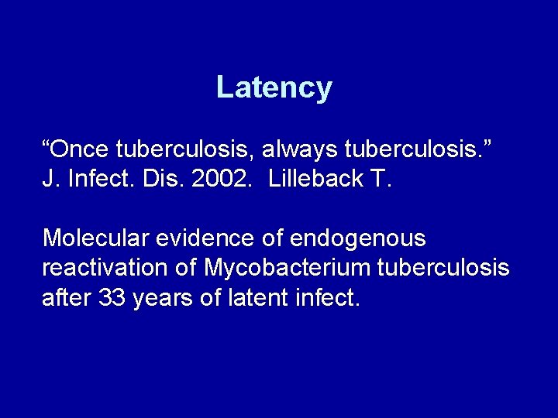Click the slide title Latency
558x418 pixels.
[274, 87]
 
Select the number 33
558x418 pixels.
[112, 298]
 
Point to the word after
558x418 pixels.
[67, 298]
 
